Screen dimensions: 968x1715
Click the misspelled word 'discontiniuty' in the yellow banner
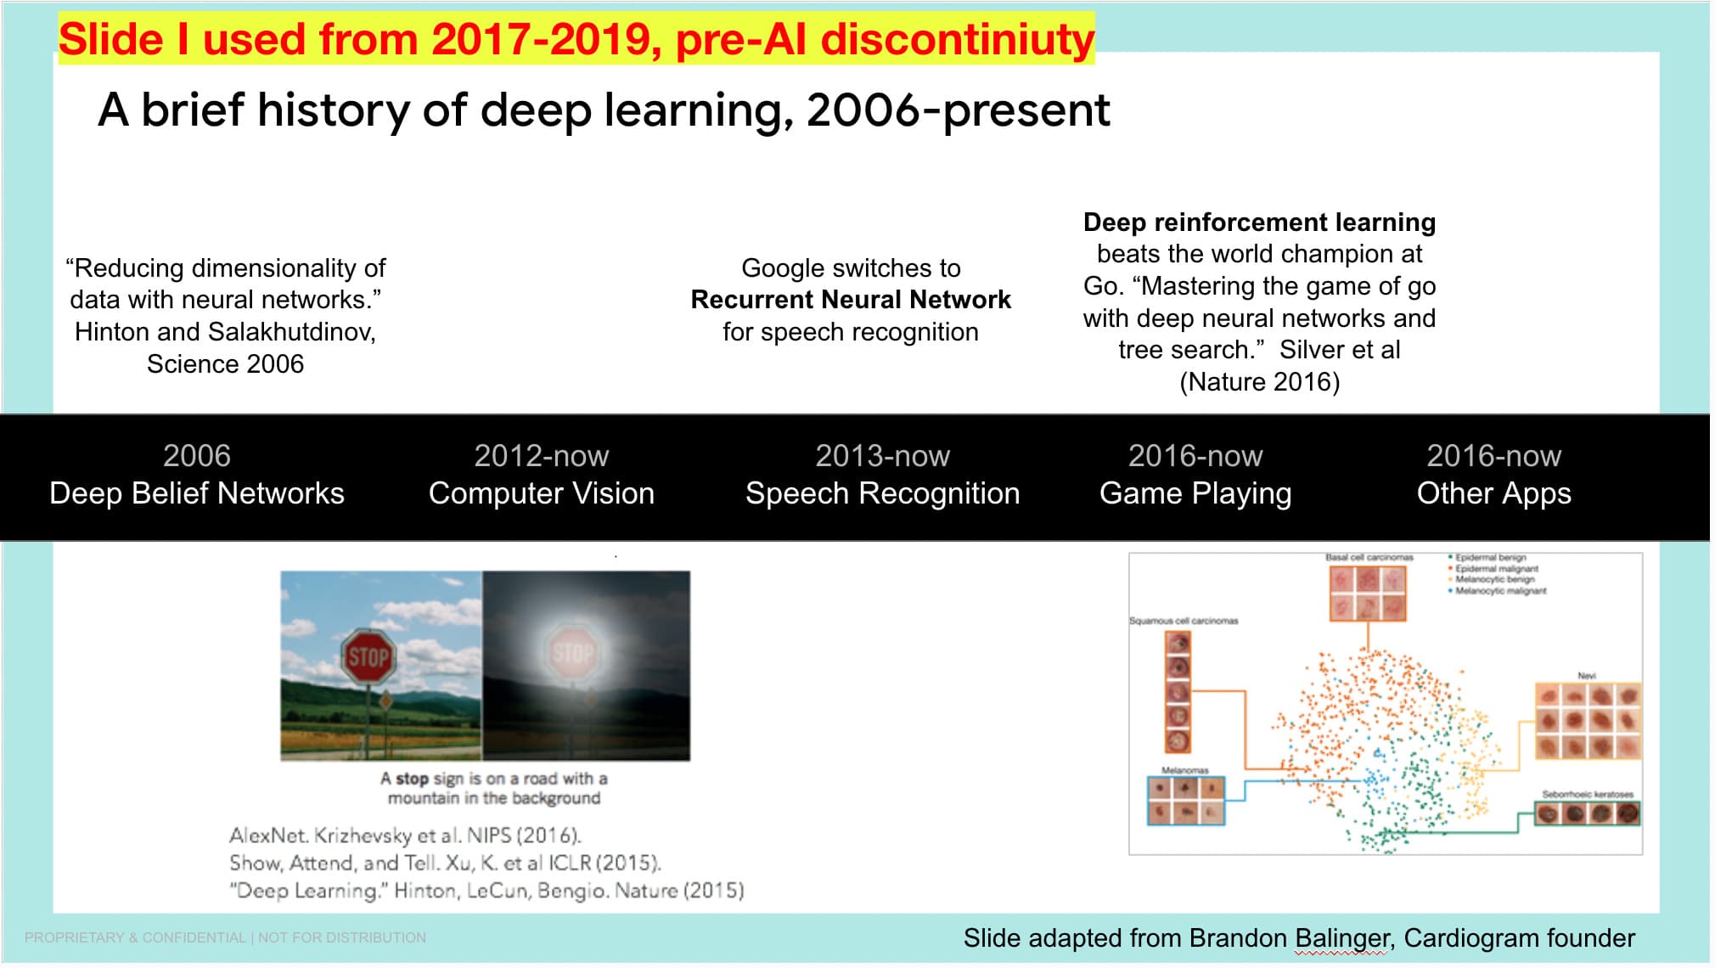point(957,39)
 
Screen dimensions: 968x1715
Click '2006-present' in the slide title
point(958,110)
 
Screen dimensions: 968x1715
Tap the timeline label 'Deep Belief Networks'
point(196,493)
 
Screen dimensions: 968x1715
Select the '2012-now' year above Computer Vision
point(541,456)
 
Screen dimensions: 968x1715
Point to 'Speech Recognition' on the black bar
point(882,493)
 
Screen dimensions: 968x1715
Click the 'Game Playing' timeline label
point(1195,493)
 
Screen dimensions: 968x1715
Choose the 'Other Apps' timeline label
point(1493,493)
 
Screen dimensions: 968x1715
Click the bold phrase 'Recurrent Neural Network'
point(850,300)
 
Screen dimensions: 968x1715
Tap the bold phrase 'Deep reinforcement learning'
point(1259,222)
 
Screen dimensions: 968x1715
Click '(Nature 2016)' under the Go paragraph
point(1259,382)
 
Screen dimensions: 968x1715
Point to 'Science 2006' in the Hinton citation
point(225,364)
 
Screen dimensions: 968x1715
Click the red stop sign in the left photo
point(368,656)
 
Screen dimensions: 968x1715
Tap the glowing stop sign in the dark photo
point(574,652)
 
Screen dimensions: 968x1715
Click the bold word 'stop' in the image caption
point(412,779)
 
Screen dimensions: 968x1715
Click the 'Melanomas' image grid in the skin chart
point(1185,802)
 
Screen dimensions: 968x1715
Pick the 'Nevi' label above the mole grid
point(1587,676)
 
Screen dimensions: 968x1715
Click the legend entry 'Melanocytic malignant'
point(1500,590)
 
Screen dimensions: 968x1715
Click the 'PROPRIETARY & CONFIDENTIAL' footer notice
point(135,937)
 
